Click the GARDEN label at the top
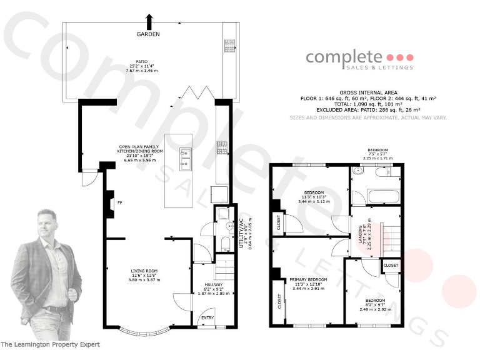point(148,34)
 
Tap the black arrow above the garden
point(148,20)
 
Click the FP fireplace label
point(119,202)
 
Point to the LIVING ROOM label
point(143,271)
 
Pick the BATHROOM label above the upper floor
point(377,150)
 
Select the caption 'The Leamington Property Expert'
point(50,344)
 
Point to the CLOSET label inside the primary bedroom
point(279,302)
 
